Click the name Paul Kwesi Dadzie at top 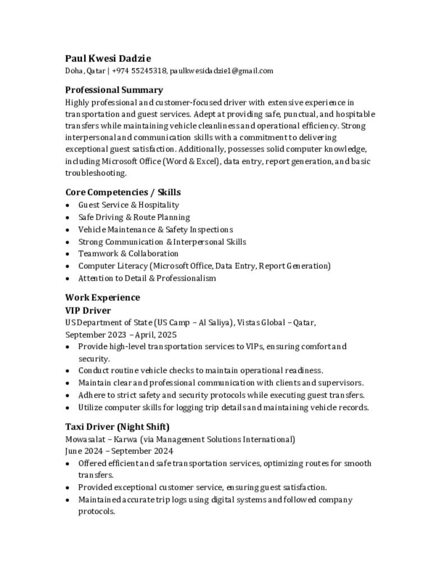pos(108,58)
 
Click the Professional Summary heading pos(114,90)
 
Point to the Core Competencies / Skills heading pos(123,192)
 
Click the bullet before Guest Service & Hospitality pos(68,206)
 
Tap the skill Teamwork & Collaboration pos(128,254)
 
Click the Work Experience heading pos(102,298)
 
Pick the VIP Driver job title pos(88,311)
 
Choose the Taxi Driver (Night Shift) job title pos(117,427)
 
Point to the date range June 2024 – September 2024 pos(119,451)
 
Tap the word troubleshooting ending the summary pos(95,173)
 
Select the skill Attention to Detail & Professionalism pos(147,279)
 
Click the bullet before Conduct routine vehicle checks pos(68,371)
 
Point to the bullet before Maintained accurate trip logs pos(68,500)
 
